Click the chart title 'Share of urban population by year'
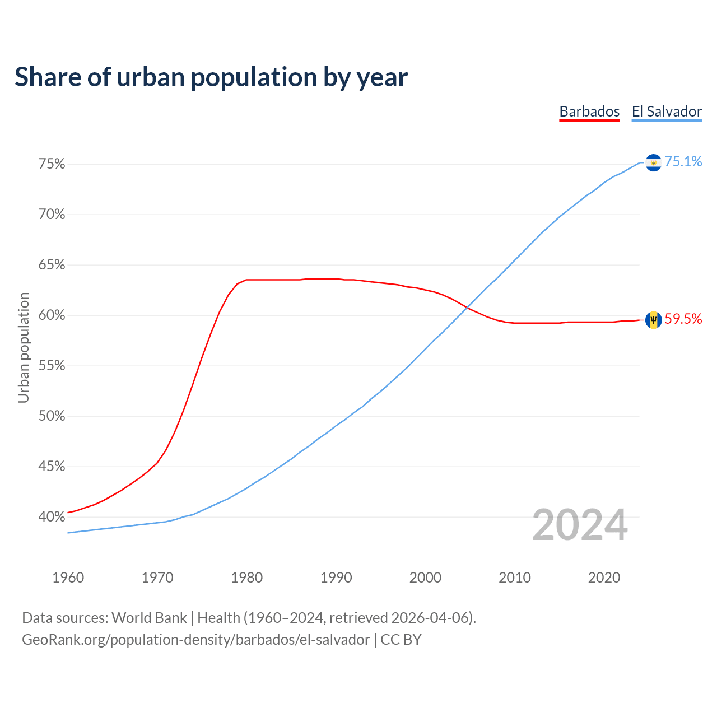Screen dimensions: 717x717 pos(211,77)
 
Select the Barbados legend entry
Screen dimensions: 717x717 pos(589,111)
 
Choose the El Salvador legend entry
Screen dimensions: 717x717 pos(667,111)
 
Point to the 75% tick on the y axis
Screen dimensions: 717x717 pos(52,164)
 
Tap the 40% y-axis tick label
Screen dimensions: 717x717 pos(52,516)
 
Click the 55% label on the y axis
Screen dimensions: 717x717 pos(52,366)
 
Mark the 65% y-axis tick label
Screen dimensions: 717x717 pos(52,265)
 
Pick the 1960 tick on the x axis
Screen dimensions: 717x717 pos(68,578)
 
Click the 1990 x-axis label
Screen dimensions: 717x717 pos(336,578)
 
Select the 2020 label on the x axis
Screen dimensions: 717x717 pos(604,578)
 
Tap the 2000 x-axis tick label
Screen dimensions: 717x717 pos(425,578)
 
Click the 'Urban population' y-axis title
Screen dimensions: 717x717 pos(24,347)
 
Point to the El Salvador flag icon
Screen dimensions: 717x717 pos(653,162)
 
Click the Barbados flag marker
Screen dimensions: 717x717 pos(653,320)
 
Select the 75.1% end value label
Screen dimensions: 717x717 pos(683,162)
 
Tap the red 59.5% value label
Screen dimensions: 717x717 pos(683,319)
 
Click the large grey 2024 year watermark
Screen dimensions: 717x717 pos(580,525)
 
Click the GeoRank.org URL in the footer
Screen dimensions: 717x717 pos(196,640)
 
